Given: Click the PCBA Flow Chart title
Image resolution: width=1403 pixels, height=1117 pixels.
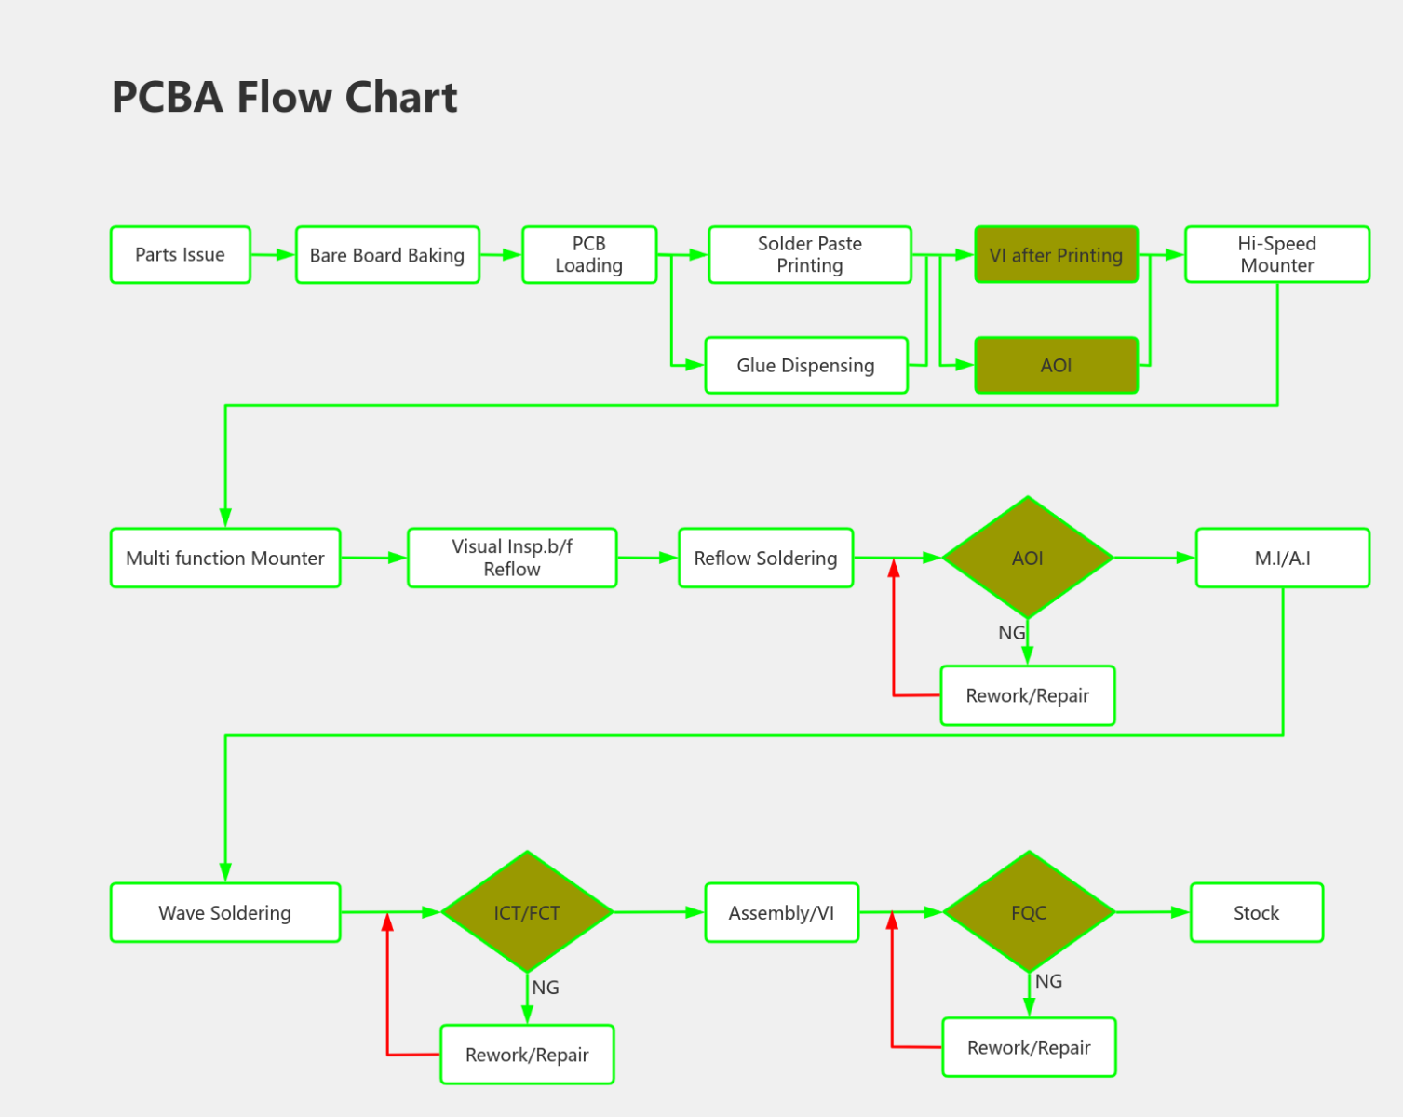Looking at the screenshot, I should coord(284,97).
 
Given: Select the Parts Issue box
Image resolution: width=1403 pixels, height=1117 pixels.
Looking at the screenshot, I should coord(181,254).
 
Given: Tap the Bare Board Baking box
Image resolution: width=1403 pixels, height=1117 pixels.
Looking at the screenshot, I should coord(387,254).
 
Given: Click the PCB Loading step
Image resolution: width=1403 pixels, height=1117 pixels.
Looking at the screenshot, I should coord(589,254).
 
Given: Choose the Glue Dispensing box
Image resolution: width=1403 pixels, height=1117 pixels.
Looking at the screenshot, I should coord(806,365).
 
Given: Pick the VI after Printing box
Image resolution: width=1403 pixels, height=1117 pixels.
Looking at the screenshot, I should coord(1056,254).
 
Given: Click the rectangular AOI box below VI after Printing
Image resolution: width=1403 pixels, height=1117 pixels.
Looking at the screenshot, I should coord(1056,365).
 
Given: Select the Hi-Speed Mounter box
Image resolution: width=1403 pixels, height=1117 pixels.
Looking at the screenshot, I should coord(1276,254).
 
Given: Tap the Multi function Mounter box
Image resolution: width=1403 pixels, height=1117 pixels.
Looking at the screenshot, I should coord(225,558).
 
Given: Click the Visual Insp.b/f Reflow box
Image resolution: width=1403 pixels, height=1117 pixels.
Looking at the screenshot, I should coord(512,558).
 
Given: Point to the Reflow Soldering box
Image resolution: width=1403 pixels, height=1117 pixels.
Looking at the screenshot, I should coord(765,558).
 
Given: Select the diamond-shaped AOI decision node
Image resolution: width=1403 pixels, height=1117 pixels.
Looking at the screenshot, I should coord(1028,558).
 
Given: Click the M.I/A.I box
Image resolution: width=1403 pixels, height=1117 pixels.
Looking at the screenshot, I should coord(1282,558).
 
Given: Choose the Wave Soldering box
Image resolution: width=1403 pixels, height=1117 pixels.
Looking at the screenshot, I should coord(225,912).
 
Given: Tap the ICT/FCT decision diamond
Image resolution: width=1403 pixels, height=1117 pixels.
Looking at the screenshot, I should coord(527,912).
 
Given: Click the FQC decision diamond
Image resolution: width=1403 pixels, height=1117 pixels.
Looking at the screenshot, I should coord(1029,912).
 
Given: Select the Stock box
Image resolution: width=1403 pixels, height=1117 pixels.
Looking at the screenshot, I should coord(1256,912).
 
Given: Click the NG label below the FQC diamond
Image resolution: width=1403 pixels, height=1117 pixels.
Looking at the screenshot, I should coord(1048,981).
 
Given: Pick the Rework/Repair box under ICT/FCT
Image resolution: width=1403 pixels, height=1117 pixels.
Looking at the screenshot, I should coord(527,1055).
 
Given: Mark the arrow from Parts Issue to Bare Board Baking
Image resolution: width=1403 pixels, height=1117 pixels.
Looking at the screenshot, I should coord(273,254).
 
